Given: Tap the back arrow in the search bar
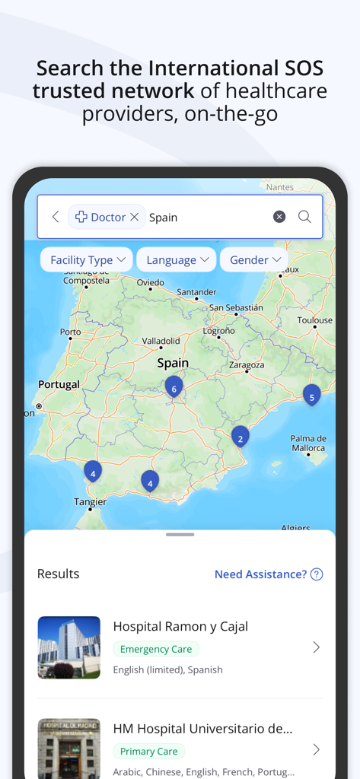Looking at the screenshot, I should pos(56,217).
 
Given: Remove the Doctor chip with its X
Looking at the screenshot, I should pos(135,217).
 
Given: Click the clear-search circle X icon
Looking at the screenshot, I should pos(279,217).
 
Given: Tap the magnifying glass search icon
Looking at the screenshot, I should pos(304,217).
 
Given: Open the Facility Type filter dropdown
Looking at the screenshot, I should pos(87,260).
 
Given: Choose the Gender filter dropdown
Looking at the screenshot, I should pos(255,260).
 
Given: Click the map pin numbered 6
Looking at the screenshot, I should pos(174,387).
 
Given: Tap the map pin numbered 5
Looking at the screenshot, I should pos(311,395).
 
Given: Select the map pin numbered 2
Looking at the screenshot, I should pos(241,437).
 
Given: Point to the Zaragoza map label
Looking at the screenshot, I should pos(246,365).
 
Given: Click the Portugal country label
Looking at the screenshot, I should pos(59,385).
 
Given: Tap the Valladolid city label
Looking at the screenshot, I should pos(161,341).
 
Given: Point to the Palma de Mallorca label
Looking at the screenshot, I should pos(308,444).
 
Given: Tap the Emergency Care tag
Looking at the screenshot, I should pos(156,649).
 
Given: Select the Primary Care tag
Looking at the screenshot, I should pos(149,751).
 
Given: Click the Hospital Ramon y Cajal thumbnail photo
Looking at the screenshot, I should pos(69,647).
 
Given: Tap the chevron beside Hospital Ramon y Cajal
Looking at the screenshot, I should pos(317,647).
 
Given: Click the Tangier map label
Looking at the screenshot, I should pos(90,502).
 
